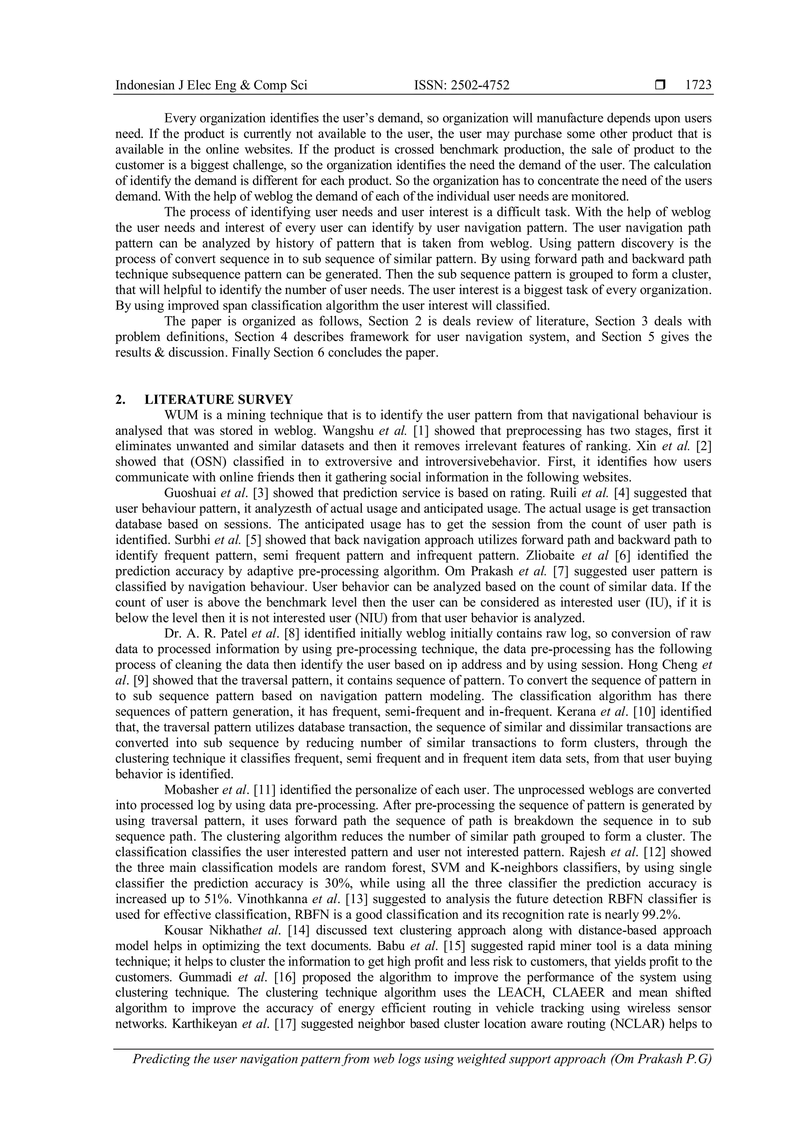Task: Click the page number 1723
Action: [698, 85]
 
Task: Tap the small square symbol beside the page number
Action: [660, 86]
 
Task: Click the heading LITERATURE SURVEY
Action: [219, 400]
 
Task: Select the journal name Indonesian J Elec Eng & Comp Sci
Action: [211, 86]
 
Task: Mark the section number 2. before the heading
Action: [120, 400]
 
